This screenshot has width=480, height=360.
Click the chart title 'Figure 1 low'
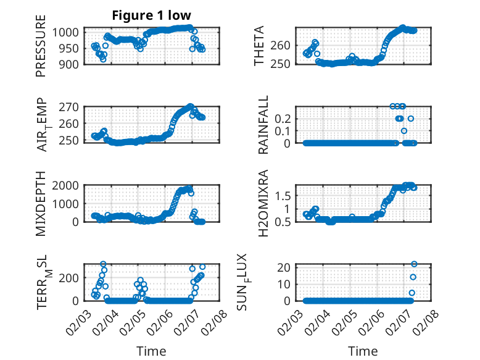pyautogui.click(x=152, y=15)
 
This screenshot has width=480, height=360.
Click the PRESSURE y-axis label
pyautogui.click(x=41, y=51)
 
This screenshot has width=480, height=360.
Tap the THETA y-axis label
pyautogui.click(x=259, y=46)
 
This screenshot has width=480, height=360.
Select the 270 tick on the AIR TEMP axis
pyautogui.click(x=71, y=107)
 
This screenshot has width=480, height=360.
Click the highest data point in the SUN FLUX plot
pyautogui.click(x=414, y=264)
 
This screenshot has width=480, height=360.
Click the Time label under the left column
pyautogui.click(x=152, y=351)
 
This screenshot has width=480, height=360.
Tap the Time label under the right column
pyautogui.click(x=363, y=351)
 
